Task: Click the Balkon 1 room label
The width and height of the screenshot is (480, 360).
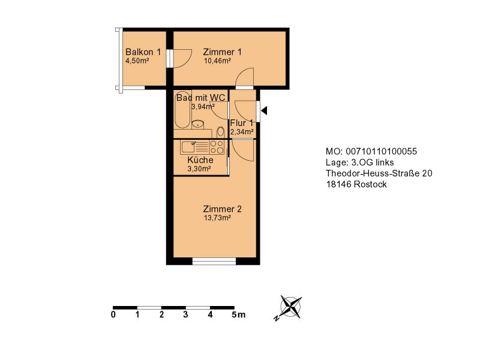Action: (x=143, y=52)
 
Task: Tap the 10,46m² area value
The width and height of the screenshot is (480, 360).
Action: (x=217, y=61)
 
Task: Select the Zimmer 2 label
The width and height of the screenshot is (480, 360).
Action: (x=222, y=209)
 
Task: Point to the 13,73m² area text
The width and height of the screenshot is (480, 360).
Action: (x=217, y=218)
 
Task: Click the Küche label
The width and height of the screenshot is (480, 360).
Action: (x=200, y=160)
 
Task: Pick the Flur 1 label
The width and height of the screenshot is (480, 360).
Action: (x=242, y=123)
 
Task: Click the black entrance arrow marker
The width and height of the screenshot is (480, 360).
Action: (x=264, y=110)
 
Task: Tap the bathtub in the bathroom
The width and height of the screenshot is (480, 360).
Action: (x=183, y=109)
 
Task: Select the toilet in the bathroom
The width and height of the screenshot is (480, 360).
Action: (x=220, y=133)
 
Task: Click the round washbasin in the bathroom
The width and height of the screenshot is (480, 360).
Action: (x=198, y=124)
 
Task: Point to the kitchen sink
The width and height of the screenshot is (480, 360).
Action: (x=188, y=147)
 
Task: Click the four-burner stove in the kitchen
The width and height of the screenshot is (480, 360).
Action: (x=217, y=147)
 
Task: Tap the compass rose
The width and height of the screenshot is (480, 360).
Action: (x=290, y=307)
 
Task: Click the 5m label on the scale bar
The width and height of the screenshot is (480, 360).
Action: (x=238, y=314)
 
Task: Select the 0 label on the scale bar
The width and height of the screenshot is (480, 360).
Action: (x=113, y=314)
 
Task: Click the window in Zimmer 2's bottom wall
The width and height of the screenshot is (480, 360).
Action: (x=214, y=261)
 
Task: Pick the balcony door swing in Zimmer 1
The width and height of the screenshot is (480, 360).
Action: (x=182, y=58)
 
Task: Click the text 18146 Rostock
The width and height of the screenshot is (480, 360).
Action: (x=356, y=184)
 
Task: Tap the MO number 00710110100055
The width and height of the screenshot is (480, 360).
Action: (x=381, y=152)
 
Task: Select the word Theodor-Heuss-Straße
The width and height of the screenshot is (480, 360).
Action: (x=373, y=173)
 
